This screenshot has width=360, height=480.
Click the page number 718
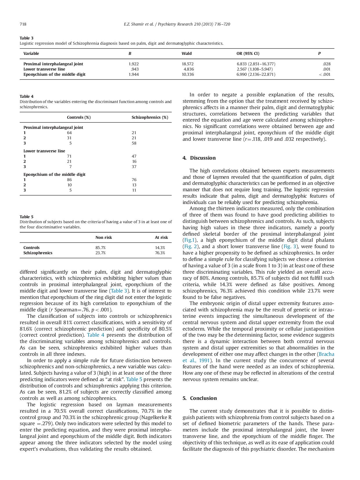(x=23, y=24)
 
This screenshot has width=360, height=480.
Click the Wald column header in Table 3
(x=186, y=53)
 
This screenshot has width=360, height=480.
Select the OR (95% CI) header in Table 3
(x=248, y=53)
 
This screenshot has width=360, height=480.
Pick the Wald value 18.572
(x=188, y=64)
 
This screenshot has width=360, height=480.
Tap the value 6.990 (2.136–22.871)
(x=256, y=74)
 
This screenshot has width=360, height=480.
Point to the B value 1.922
(x=134, y=64)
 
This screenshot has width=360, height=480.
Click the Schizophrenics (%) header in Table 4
(x=150, y=117)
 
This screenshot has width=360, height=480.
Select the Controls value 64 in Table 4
(x=69, y=133)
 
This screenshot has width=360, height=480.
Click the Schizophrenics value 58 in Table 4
(x=134, y=143)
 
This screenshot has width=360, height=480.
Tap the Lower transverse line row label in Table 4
(x=44, y=151)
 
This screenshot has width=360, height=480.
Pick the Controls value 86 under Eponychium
(x=69, y=180)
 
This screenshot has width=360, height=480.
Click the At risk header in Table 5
(x=161, y=237)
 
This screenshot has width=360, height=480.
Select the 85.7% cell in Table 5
(x=100, y=248)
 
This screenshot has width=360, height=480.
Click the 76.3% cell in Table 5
(x=160, y=253)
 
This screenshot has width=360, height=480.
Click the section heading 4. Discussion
(x=199, y=158)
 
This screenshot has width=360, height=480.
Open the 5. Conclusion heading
(x=200, y=398)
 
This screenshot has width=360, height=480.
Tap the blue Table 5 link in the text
(x=134, y=379)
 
